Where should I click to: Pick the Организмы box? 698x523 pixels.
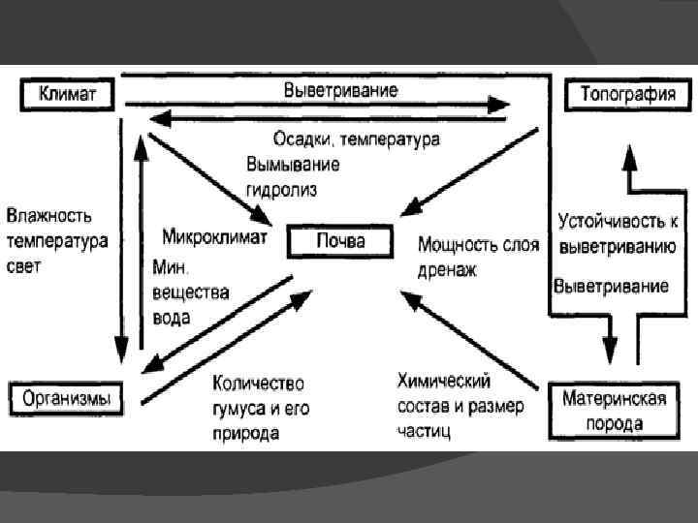pyautogui.click(x=67, y=397)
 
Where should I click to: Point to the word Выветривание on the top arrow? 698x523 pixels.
pyautogui.click(x=340, y=90)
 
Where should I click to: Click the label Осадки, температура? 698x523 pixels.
pyautogui.click(x=356, y=139)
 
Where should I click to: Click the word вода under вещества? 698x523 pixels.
pyautogui.click(x=172, y=317)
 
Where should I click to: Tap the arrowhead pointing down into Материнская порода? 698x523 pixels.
pyautogui.click(x=610, y=349)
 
